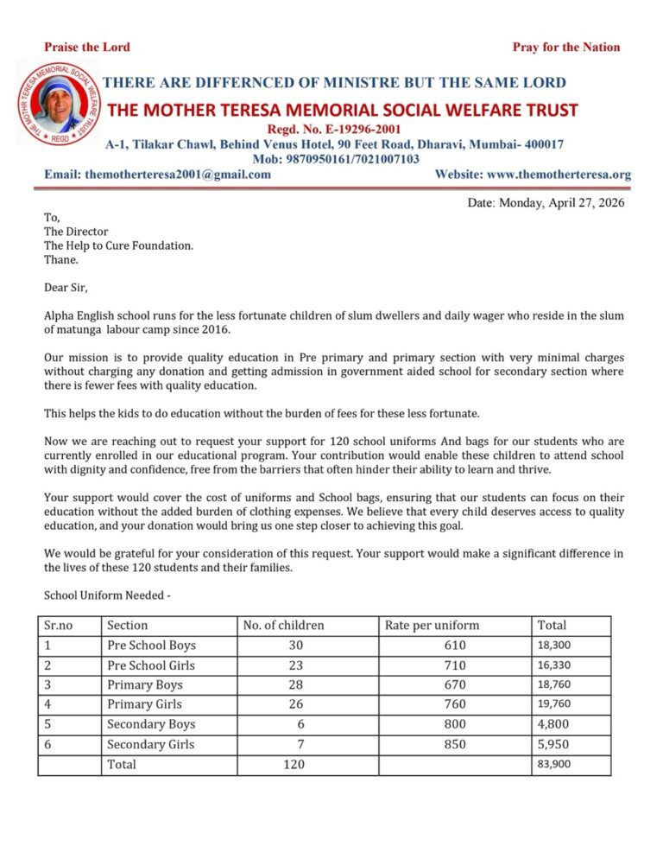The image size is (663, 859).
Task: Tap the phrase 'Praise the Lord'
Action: click(87, 47)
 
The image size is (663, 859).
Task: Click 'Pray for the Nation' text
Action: click(565, 47)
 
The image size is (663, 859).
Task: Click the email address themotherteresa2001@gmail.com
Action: click(158, 174)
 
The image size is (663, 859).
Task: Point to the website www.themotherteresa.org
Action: click(533, 174)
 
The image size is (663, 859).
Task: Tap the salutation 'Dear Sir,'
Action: click(66, 287)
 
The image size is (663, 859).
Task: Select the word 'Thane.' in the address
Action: click(61, 259)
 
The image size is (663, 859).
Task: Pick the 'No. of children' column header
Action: click(284, 625)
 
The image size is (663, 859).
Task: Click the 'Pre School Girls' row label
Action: click(151, 665)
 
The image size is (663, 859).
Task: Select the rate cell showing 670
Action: click(454, 685)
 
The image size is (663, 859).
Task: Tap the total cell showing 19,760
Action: click(553, 704)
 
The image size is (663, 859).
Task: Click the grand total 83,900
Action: click(553, 764)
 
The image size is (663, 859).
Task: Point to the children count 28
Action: click(295, 685)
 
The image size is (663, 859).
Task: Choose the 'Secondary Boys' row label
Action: click(151, 724)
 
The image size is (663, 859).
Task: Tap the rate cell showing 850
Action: click(454, 744)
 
